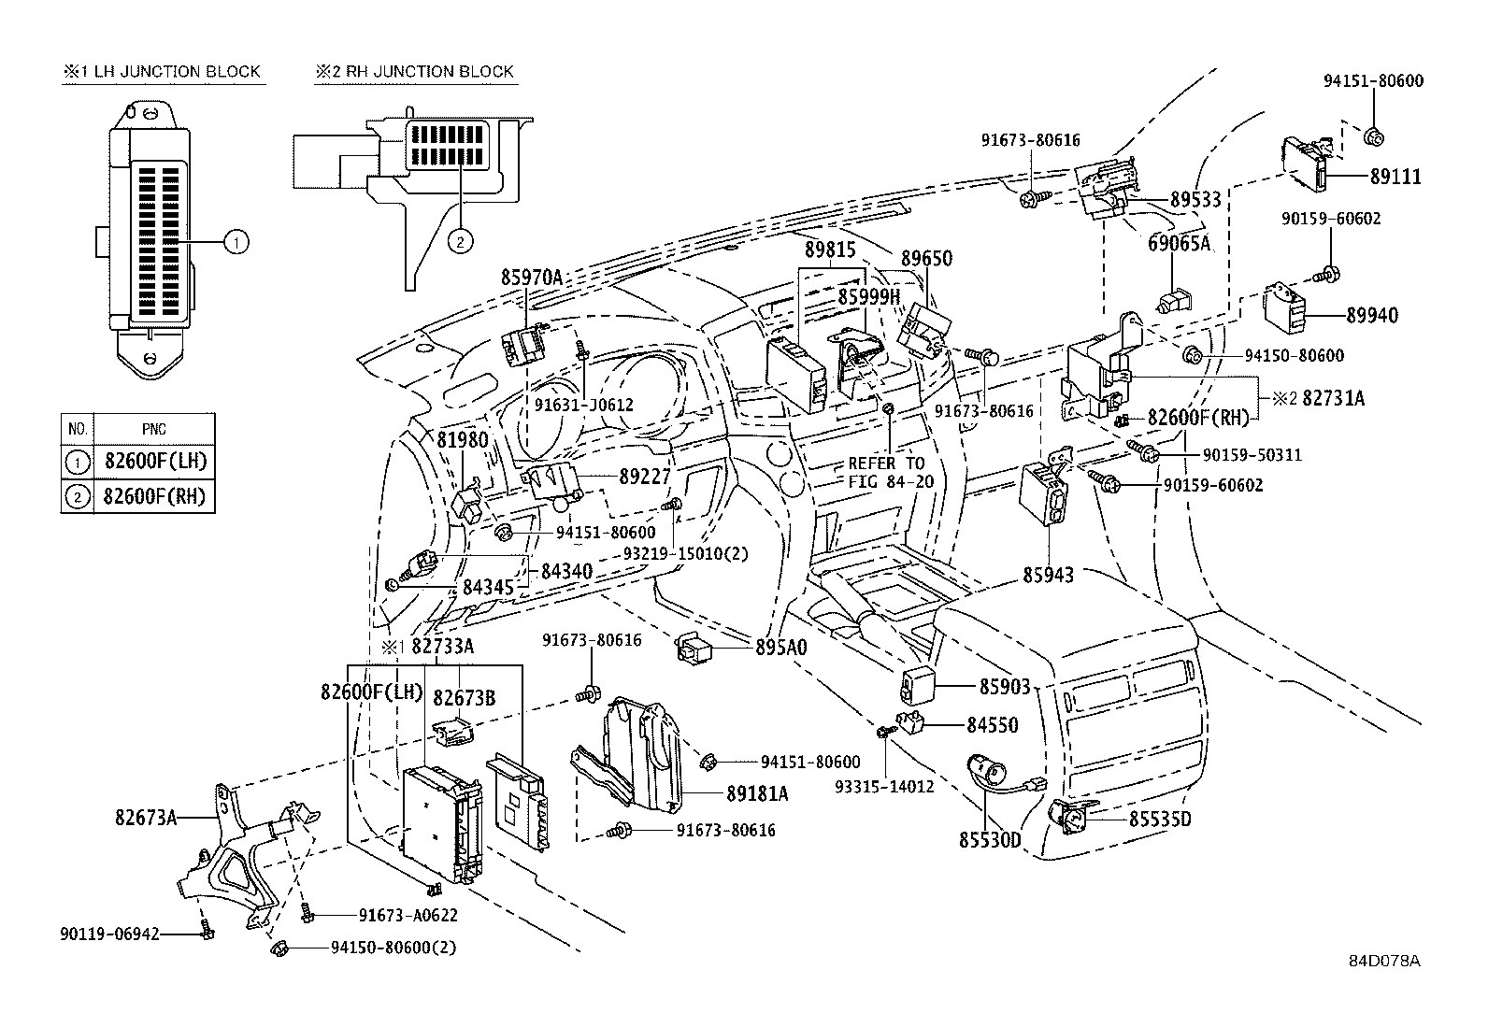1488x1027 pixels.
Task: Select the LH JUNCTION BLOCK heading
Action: click(x=163, y=71)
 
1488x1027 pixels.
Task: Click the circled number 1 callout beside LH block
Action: click(x=236, y=243)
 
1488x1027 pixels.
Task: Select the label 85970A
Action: click(x=531, y=277)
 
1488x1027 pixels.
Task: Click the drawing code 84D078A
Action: click(x=1383, y=961)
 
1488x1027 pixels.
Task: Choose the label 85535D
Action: click(x=1160, y=819)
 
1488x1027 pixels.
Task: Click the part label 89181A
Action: click(x=757, y=793)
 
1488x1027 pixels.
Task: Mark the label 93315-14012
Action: click(x=884, y=786)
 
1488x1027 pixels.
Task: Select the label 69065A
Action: click(x=1179, y=243)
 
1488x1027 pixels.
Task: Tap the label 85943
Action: click(x=1048, y=575)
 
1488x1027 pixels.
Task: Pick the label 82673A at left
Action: click(x=146, y=817)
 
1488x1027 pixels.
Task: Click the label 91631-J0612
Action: click(x=583, y=405)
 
